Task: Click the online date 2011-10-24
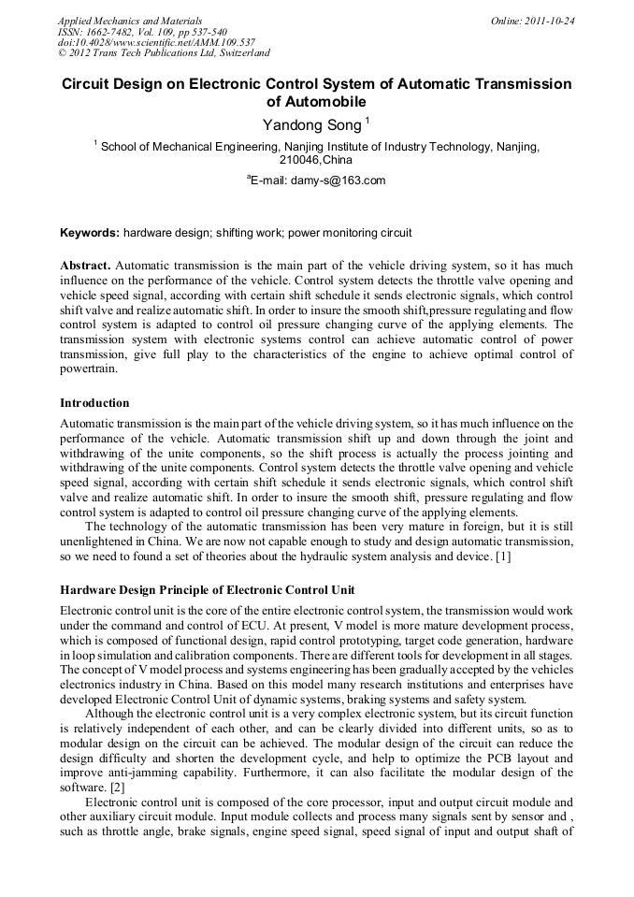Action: (553, 20)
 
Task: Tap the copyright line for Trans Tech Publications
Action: (164, 53)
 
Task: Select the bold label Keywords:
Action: (90, 232)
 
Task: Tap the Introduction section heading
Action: (94, 403)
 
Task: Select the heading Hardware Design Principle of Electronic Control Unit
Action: (207, 590)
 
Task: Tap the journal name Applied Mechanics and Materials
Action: (129, 20)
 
